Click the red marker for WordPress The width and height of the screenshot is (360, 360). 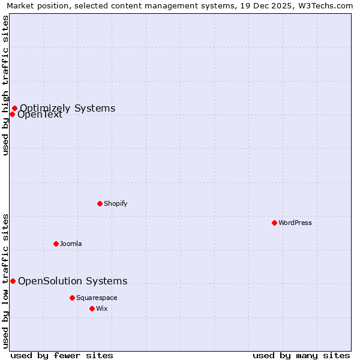(274, 223)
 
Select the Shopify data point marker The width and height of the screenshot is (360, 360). (100, 203)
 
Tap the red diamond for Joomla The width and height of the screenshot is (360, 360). (56, 244)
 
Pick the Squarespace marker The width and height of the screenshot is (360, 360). (72, 298)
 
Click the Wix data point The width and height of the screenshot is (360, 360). (92, 308)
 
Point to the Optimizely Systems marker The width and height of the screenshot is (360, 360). (14, 109)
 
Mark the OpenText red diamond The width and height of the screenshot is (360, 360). (12, 114)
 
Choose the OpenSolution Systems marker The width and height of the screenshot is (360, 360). (13, 281)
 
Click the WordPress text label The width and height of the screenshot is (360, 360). (295, 223)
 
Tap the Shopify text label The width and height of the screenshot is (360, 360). (115, 203)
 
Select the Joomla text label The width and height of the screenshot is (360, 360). (71, 244)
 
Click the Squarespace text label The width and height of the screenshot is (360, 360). (97, 298)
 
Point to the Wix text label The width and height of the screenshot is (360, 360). (101, 308)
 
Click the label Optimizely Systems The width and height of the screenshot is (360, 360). (67, 108)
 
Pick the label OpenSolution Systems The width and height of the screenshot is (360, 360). (73, 281)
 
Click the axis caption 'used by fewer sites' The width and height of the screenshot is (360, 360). (62, 355)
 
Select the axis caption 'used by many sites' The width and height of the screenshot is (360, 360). (301, 355)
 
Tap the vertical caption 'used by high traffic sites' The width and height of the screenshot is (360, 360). (5, 86)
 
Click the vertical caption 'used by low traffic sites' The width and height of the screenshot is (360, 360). (5, 280)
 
